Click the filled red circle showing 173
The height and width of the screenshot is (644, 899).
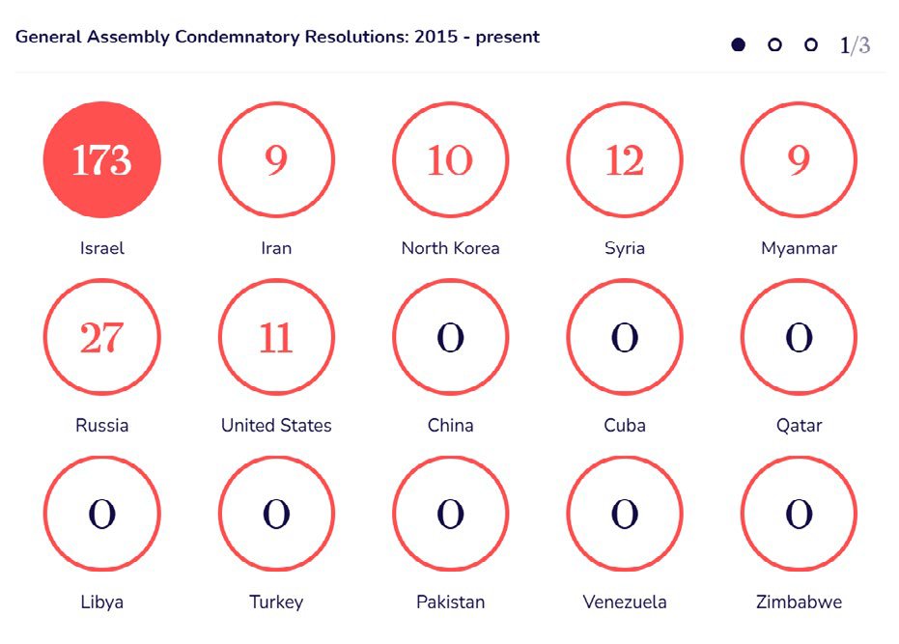[101, 160]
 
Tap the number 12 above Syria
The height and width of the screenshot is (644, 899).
[625, 160]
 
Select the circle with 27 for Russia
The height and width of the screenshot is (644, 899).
[101, 338]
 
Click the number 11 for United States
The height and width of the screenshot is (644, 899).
[276, 338]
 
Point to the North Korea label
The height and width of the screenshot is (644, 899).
[450, 248]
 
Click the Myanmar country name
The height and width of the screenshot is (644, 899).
[799, 248]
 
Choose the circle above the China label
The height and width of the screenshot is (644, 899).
[450, 338]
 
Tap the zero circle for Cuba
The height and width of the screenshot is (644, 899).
[625, 338]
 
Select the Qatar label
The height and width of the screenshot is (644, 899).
[799, 426]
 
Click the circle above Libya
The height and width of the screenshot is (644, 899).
[101, 515]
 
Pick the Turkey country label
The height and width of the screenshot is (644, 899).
[276, 602]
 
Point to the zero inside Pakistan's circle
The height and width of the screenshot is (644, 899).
[450, 515]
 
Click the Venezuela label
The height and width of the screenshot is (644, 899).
[625, 602]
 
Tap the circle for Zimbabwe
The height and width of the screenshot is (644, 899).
[799, 515]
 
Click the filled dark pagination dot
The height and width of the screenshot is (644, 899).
[739, 44]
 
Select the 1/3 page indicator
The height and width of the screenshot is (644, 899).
[855, 44]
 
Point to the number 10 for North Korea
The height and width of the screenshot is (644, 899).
[450, 160]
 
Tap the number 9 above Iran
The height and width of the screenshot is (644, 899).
[276, 160]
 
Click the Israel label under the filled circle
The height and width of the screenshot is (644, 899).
[101, 248]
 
